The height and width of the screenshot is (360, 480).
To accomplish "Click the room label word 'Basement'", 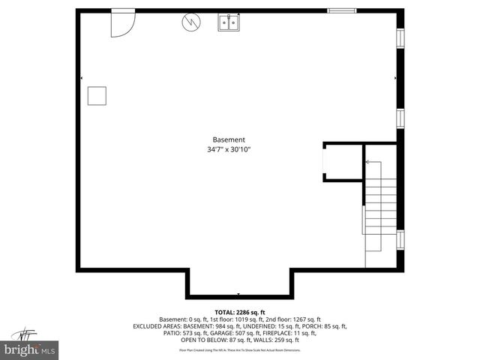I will tap(229, 139).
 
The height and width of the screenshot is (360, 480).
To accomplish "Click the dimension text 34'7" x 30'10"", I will tap(229, 150).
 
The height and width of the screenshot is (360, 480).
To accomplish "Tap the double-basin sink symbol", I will tap(229, 23).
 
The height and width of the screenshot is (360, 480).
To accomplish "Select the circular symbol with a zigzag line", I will tap(190, 23).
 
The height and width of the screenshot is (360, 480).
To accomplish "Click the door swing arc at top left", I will tap(122, 24).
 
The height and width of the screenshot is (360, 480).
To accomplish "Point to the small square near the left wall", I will tap(97, 95).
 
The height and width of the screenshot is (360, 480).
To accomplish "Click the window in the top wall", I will tap(342, 10).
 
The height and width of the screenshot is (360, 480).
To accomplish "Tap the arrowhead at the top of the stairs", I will tap(367, 161).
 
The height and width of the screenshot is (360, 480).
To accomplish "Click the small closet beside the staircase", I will tap(341, 162).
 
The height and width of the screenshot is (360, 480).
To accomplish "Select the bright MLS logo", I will tap(30, 349).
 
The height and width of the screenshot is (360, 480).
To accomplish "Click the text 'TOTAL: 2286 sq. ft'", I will tap(240, 312).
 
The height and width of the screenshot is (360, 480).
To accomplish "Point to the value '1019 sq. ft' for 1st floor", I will tap(251, 319).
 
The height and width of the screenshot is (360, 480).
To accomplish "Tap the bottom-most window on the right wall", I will tap(400, 239).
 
